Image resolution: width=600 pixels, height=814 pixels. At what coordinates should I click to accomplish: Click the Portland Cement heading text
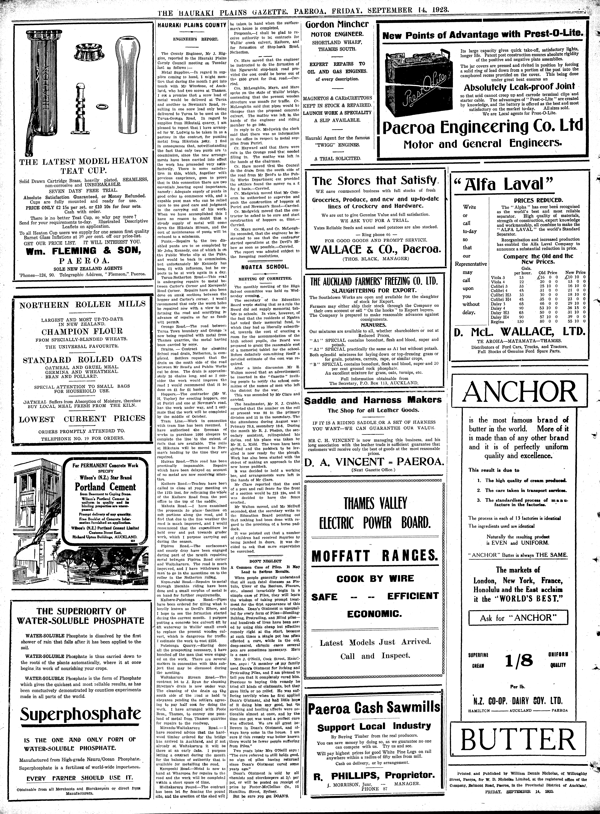(x=105, y=487)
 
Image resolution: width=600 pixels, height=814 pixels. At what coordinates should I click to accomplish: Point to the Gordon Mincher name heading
(x=337, y=25)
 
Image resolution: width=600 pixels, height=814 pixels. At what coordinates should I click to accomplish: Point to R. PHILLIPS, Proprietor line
(x=374, y=765)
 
